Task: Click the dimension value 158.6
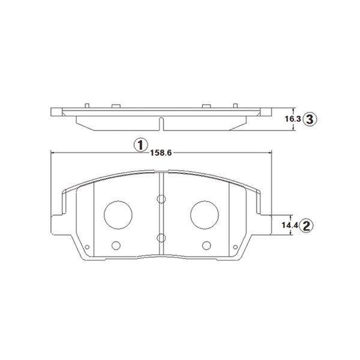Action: click(x=161, y=153)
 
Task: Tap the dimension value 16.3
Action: click(x=293, y=119)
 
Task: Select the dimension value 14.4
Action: click(x=290, y=225)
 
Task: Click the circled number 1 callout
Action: click(x=140, y=145)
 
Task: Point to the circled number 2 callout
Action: click(x=307, y=226)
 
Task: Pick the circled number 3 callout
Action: click(x=310, y=119)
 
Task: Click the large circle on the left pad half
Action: click(x=118, y=215)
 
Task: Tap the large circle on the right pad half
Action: click(x=205, y=215)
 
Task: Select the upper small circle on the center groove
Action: click(x=161, y=199)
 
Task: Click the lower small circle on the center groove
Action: click(x=161, y=238)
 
